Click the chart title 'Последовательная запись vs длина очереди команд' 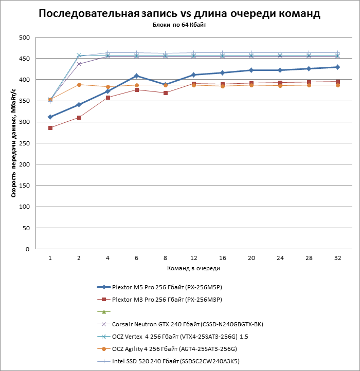(x=179, y=14)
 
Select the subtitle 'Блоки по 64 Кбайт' (x=179, y=25)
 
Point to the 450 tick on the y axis (x=24, y=59)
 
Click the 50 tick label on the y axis (x=26, y=228)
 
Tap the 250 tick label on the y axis (x=24, y=143)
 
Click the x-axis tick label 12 (x=193, y=258)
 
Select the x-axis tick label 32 (x=337, y=258)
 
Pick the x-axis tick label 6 (x=136, y=258)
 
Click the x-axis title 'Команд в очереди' (x=193, y=268)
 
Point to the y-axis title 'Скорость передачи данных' (x=14, y=143)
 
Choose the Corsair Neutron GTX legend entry (x=177, y=324)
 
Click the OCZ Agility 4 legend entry (x=174, y=349)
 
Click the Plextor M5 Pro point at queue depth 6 (x=136, y=76)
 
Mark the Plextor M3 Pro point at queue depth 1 (x=50, y=128)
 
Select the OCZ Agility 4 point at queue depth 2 (x=79, y=85)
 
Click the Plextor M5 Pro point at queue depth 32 (x=337, y=67)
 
